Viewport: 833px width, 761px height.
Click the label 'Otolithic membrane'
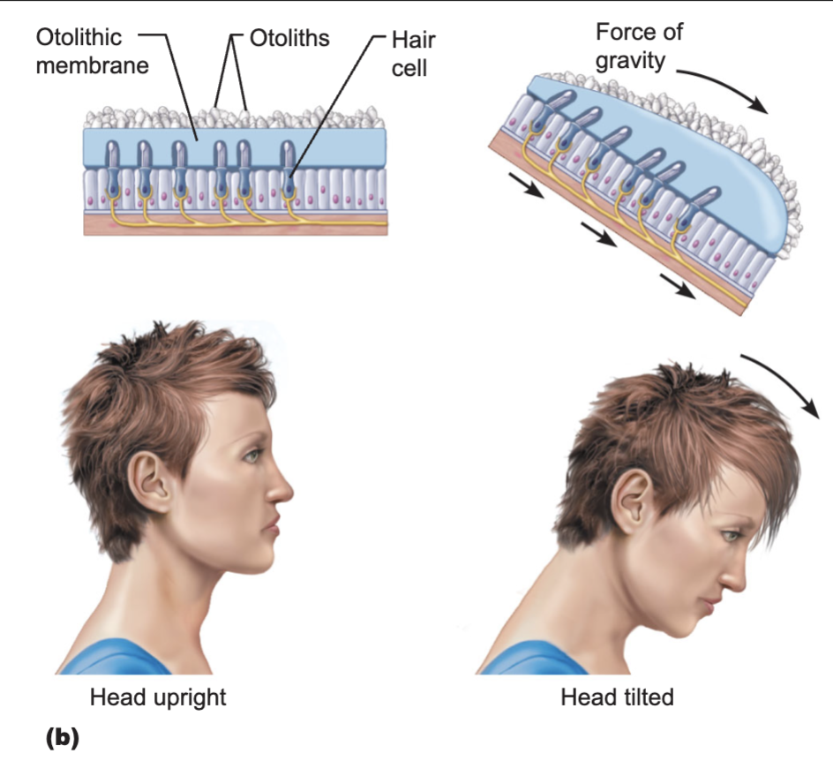[x=93, y=51]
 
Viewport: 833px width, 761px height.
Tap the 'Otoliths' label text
[x=289, y=38]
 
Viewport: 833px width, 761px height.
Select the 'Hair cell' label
[x=413, y=54]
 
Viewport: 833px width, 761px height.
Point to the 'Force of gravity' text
[x=639, y=46]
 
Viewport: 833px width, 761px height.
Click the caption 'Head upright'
[x=158, y=697]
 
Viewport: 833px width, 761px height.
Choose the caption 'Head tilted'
[x=617, y=697]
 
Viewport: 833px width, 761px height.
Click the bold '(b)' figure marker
[x=63, y=738]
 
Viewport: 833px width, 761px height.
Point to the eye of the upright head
[x=251, y=456]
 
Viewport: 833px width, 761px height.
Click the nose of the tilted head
[x=732, y=577]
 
